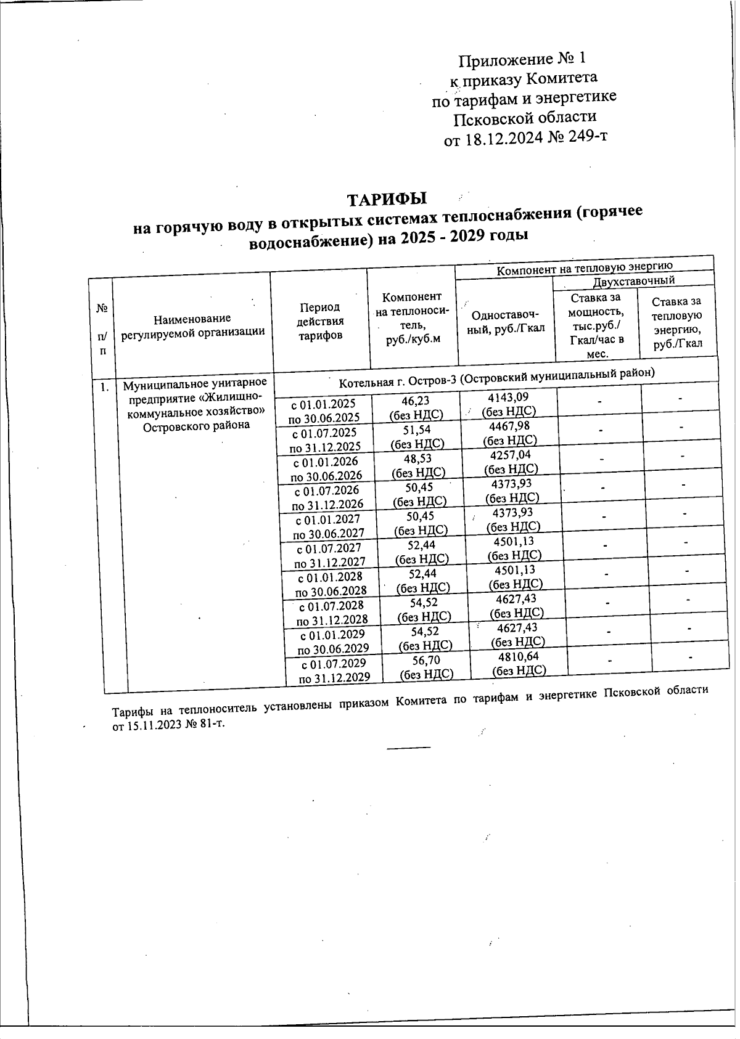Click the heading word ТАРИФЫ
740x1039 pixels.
tap(387, 200)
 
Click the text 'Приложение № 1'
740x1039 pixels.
tap(521, 59)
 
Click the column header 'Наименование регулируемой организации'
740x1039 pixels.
tap(192, 325)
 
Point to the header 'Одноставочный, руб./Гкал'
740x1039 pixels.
tap(507, 321)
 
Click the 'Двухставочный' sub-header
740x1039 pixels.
tap(633, 280)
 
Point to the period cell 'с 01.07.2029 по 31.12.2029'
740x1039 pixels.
tap(334, 670)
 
